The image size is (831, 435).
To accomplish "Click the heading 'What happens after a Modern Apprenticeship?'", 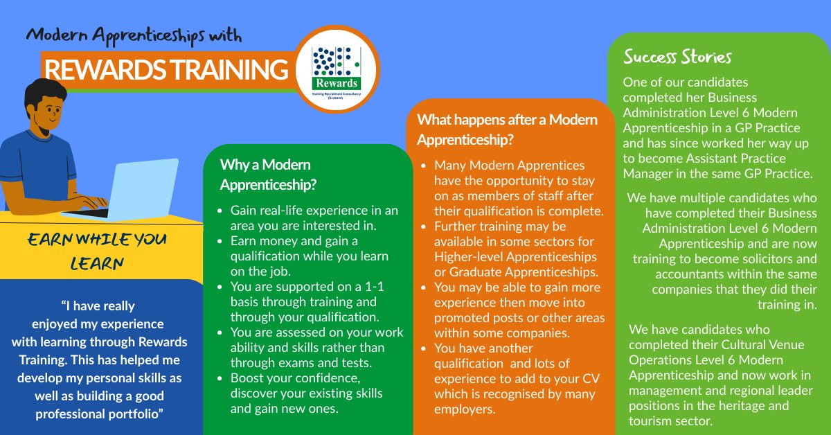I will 507,129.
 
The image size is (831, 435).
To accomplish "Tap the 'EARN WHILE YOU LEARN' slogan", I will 97,251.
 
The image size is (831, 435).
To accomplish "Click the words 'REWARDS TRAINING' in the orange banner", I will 165,71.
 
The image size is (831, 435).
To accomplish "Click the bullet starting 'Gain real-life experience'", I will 314,218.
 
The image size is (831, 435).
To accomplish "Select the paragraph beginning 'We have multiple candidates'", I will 723,251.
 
